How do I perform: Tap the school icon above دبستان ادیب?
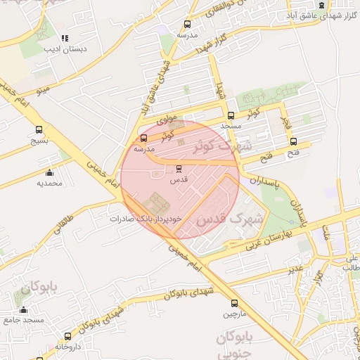pyautogui.click(x=65, y=39)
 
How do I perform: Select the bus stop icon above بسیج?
pyautogui.click(x=39, y=130)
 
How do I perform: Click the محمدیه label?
pyautogui.click(x=49, y=183)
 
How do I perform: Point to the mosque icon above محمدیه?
pyautogui.click(x=49, y=173)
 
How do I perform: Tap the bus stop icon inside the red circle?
pyautogui.click(x=179, y=169)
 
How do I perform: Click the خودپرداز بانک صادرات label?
pyautogui.click(x=146, y=219)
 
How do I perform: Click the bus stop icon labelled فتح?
pyautogui.click(x=293, y=141)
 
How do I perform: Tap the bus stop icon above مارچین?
pyautogui.click(x=235, y=304)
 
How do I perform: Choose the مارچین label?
pyautogui.click(x=235, y=314)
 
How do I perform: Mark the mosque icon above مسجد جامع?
pyautogui.click(x=24, y=310)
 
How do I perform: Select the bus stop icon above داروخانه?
pyautogui.click(x=67, y=337)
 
